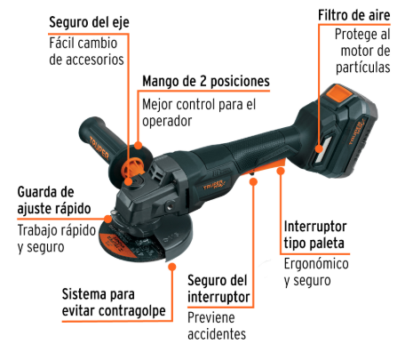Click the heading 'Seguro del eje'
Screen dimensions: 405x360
pyautogui.click(x=89, y=23)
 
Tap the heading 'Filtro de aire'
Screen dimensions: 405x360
pyautogui.click(x=354, y=15)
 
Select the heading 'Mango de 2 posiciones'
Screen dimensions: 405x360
pyautogui.click(x=206, y=81)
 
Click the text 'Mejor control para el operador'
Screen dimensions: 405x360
pyautogui.click(x=199, y=113)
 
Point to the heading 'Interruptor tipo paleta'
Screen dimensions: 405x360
pyautogui.click(x=315, y=235)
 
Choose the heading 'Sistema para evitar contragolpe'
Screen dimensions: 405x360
pyautogui.click(x=114, y=302)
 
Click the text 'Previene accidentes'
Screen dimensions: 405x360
pyautogui.click(x=217, y=326)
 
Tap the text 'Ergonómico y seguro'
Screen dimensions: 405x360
pyautogui.click(x=316, y=272)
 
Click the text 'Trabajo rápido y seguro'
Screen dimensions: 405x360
pyautogui.click(x=57, y=239)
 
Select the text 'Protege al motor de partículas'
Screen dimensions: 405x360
pyautogui.click(x=362, y=51)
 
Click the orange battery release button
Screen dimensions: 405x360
pyautogui.click(x=338, y=93)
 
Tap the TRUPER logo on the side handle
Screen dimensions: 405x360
pyautogui.click(x=99, y=148)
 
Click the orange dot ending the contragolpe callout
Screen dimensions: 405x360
pyautogui.click(x=172, y=267)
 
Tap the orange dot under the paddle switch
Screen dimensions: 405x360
pyautogui.click(x=281, y=171)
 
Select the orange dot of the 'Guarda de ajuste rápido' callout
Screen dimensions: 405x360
pyautogui.click(x=108, y=220)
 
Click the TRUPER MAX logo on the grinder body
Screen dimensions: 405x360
pyautogui.click(x=214, y=185)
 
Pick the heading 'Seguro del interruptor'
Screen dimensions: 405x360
pyautogui.click(x=218, y=288)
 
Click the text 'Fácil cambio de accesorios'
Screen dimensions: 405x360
pyautogui.click(x=86, y=52)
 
